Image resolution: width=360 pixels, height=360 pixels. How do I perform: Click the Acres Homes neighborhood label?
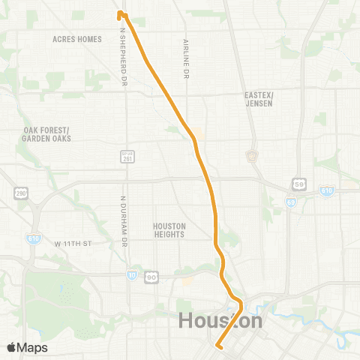click(77, 38)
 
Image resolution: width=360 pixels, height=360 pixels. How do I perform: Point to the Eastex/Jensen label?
click(260, 99)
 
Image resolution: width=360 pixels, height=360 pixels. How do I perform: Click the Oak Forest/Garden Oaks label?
click(46, 133)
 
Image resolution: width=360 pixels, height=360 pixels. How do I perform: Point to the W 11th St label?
click(73, 243)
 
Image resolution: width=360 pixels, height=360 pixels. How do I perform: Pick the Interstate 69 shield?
click(290, 202)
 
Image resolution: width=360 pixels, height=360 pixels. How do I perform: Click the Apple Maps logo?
click(26, 347)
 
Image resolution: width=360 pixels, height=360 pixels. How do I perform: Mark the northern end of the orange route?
click(120, 13)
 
